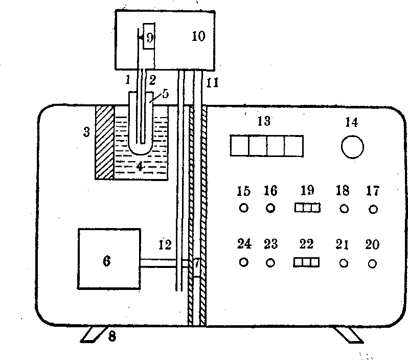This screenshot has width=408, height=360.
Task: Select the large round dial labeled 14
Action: tap(352, 147)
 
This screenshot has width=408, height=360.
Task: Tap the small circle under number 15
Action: tap(243, 208)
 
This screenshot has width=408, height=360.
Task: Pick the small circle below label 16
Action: tap(270, 208)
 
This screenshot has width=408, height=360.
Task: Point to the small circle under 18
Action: tap(344, 209)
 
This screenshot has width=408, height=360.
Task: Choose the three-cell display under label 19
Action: tap(307, 208)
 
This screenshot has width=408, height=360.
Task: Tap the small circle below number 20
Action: tap(373, 263)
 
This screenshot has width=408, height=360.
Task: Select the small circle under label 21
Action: tap(344, 263)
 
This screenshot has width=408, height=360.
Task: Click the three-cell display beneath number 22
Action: tap(306, 262)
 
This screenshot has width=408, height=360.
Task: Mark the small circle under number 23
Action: tap(270, 263)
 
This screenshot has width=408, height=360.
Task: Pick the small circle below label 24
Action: tap(243, 262)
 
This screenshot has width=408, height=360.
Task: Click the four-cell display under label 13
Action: tap(266, 145)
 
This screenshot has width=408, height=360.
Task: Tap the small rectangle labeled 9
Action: tap(149, 36)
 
